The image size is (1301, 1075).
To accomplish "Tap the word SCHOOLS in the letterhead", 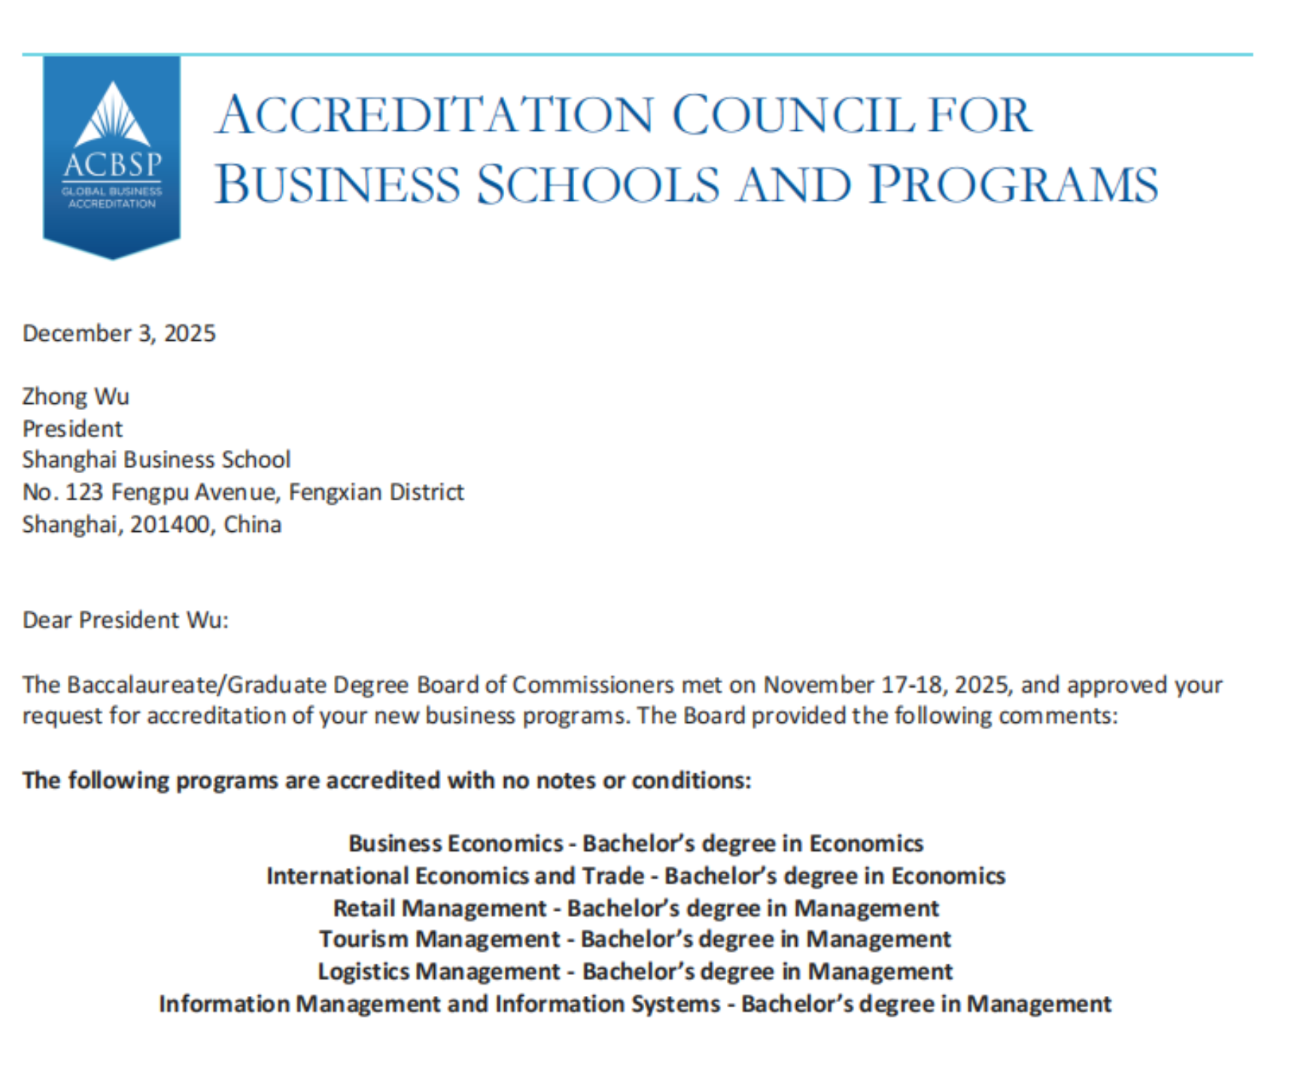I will (598, 185).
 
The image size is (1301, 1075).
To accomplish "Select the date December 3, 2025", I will (119, 333).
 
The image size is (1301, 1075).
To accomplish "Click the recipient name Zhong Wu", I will (75, 396).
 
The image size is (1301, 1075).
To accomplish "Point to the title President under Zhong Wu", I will (72, 429).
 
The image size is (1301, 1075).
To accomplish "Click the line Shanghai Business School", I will (156, 460).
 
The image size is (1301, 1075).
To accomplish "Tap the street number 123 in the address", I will (84, 492).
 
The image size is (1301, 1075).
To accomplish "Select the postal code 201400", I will (169, 524).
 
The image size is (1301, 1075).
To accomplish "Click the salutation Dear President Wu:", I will (125, 620).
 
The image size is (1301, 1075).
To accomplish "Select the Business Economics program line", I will (635, 843).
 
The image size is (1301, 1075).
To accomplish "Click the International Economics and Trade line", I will (635, 876).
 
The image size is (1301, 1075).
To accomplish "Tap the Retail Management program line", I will (635, 908).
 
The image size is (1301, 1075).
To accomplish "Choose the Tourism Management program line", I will (635, 940).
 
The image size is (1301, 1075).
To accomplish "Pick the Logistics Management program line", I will (635, 971).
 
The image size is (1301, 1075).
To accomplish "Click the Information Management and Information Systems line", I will (635, 1004).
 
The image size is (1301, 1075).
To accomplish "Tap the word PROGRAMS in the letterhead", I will (1014, 185).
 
